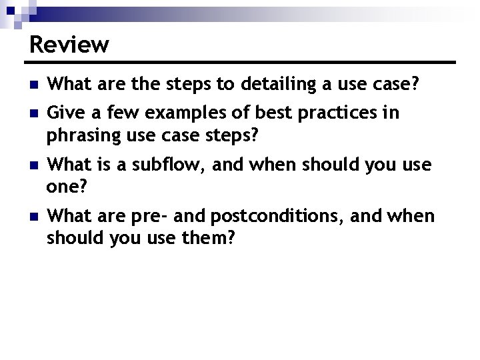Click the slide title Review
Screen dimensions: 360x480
click(69, 45)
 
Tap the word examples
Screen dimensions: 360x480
click(186, 113)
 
